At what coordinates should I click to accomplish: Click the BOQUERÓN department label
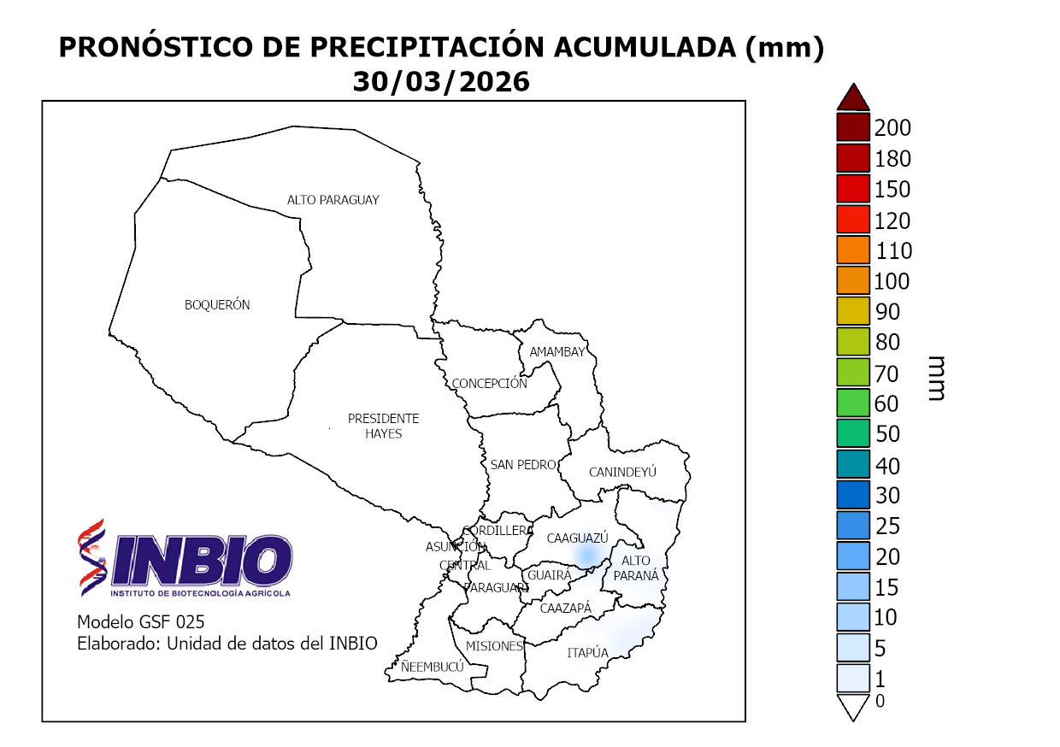217,305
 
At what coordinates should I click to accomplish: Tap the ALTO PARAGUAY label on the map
333,200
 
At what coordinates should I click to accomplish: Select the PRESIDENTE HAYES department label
383,426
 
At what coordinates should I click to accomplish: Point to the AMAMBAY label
557,352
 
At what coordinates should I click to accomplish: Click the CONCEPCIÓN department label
490,384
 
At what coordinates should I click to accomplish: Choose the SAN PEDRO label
523,465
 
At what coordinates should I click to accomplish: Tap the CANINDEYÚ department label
622,472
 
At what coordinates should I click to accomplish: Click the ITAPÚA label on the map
587,653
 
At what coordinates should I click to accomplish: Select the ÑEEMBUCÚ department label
433,667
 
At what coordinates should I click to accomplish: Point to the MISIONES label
494,646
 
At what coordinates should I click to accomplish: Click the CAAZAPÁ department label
566,608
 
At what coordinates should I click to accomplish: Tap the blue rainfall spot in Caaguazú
586,556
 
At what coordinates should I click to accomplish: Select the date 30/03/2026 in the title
441,81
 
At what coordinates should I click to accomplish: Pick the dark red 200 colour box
853,128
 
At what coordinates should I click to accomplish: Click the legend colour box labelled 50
853,433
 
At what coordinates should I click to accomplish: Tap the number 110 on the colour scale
893,251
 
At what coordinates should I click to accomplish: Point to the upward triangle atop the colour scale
853,97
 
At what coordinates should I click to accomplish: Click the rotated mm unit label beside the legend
936,379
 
